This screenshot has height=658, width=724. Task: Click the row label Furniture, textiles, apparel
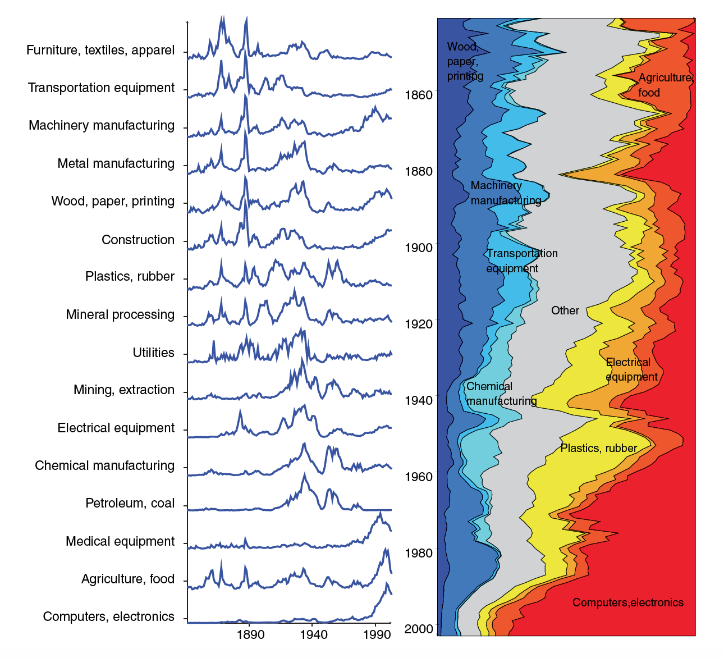coord(100,51)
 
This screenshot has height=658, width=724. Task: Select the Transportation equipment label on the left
coord(102,88)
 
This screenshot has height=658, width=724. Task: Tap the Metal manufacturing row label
coord(116,164)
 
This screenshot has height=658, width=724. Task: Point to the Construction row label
coord(138,240)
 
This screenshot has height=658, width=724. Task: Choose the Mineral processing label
coord(120,315)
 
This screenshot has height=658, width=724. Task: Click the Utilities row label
coord(153,353)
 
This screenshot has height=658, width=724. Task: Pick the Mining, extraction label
coord(124,390)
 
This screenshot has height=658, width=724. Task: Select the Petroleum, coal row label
coord(130,504)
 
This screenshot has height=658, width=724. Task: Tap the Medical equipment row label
coord(120,542)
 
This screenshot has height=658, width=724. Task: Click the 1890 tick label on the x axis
coord(250,635)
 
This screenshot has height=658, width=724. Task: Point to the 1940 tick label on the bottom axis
coord(313,635)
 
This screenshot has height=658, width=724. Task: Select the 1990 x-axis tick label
coord(377,635)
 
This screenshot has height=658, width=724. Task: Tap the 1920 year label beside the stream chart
coord(419,324)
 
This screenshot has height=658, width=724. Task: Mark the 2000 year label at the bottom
coord(419,629)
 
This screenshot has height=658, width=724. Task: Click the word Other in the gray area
coord(565,311)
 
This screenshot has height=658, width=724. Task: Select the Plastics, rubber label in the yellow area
coord(598,449)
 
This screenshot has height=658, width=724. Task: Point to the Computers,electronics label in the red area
coord(627,603)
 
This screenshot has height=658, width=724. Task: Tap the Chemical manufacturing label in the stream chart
coord(501,394)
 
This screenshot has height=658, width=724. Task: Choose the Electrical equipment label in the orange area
coord(631,369)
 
